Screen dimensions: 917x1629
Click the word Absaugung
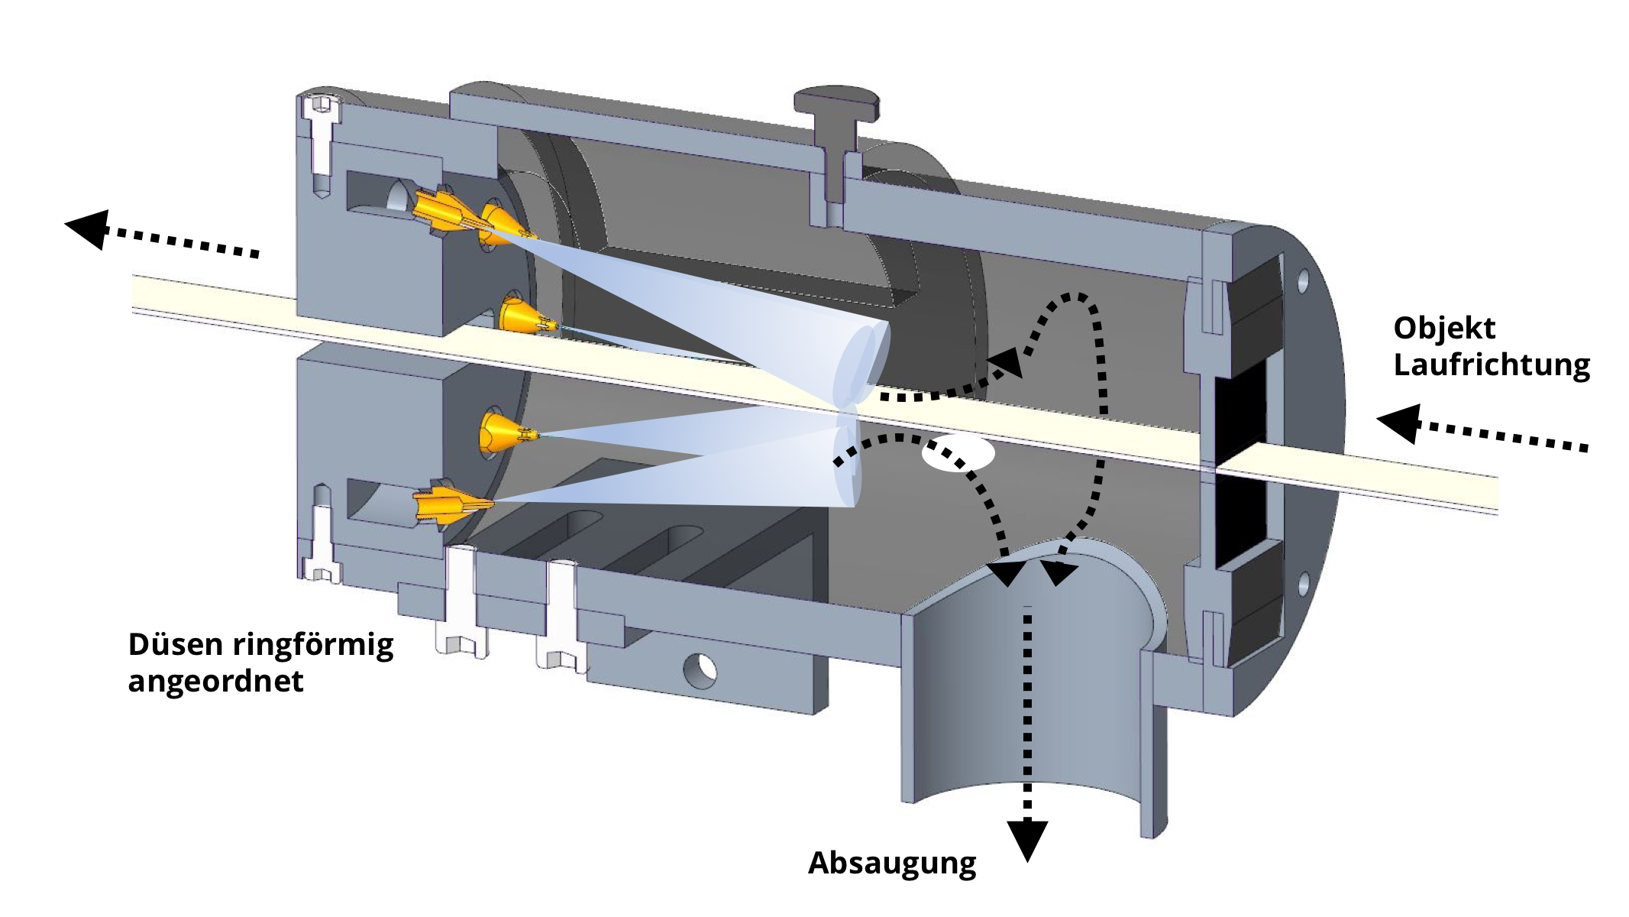point(891,864)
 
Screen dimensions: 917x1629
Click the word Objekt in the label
point(1443,329)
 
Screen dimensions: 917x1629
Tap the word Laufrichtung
point(1491,365)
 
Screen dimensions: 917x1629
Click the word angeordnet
point(215,681)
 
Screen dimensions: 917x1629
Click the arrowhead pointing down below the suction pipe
point(1027,839)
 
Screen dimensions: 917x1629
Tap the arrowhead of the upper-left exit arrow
point(87,228)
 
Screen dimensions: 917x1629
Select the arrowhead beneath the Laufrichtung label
point(1399,423)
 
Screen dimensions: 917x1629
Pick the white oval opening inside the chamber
point(958,453)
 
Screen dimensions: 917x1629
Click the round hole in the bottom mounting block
point(700,671)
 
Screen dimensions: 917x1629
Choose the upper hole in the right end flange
point(1303,280)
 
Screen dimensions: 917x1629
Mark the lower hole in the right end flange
point(1304,585)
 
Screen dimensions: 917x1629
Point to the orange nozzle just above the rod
point(522,315)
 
